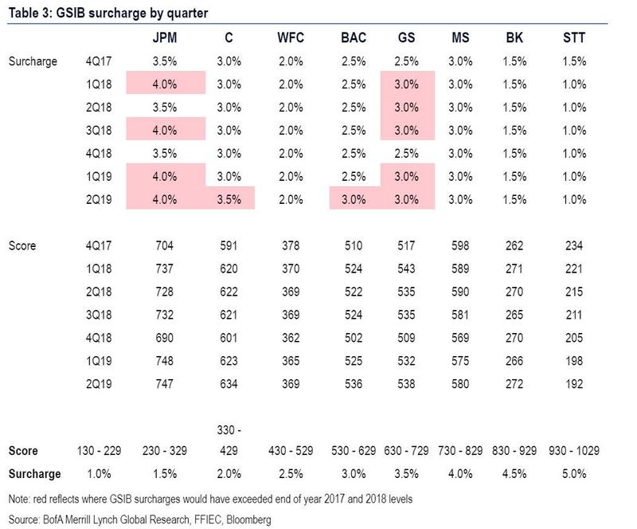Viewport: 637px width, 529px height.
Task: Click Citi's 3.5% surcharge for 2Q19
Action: [229, 198]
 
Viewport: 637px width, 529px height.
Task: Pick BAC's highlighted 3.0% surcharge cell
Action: [354, 198]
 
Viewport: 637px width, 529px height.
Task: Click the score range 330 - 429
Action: [229, 440]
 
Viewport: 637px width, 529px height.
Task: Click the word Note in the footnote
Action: [21, 500]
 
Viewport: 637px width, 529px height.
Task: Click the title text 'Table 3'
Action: [30, 11]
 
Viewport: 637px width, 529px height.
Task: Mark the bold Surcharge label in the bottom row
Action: [34, 474]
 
